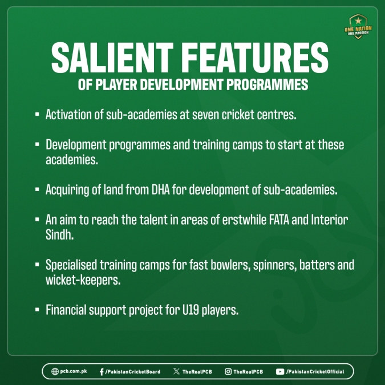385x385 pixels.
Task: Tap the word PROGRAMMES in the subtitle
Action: tap(267, 85)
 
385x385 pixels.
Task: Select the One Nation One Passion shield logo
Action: tap(358, 26)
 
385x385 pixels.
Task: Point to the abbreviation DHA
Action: tap(161, 189)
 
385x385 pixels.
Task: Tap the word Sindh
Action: tap(60, 235)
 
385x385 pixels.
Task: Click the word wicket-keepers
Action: tap(83, 280)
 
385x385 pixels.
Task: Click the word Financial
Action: tap(66, 310)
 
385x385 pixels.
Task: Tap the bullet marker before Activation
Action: tap(37, 114)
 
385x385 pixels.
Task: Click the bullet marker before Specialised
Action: tap(37, 265)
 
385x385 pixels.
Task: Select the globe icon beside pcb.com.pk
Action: tap(55, 371)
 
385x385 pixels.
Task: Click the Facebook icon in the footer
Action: tap(102, 372)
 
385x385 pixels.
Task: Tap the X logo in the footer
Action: tap(176, 371)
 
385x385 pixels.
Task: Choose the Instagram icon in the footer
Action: tap(228, 371)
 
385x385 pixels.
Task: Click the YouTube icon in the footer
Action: tap(280, 372)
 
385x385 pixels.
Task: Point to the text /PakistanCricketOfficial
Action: tap(315, 372)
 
